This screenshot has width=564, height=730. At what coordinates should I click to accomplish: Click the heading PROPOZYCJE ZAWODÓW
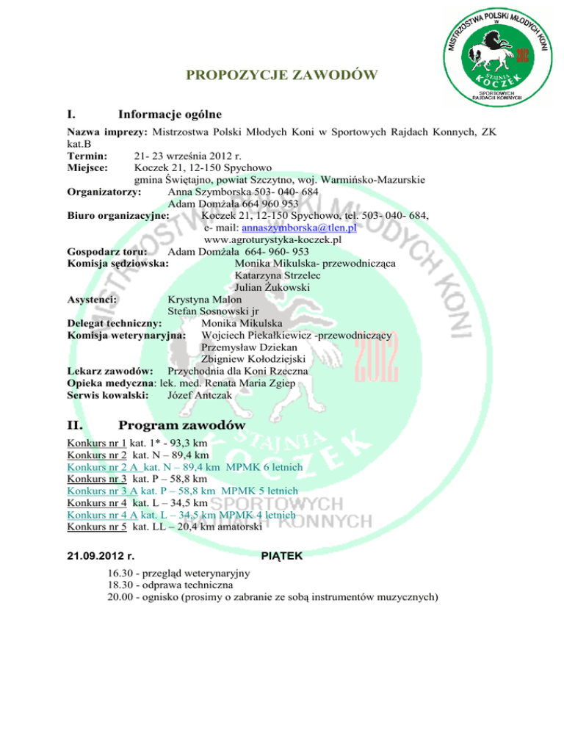(283, 75)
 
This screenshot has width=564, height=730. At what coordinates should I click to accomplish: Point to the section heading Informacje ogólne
(165, 115)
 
